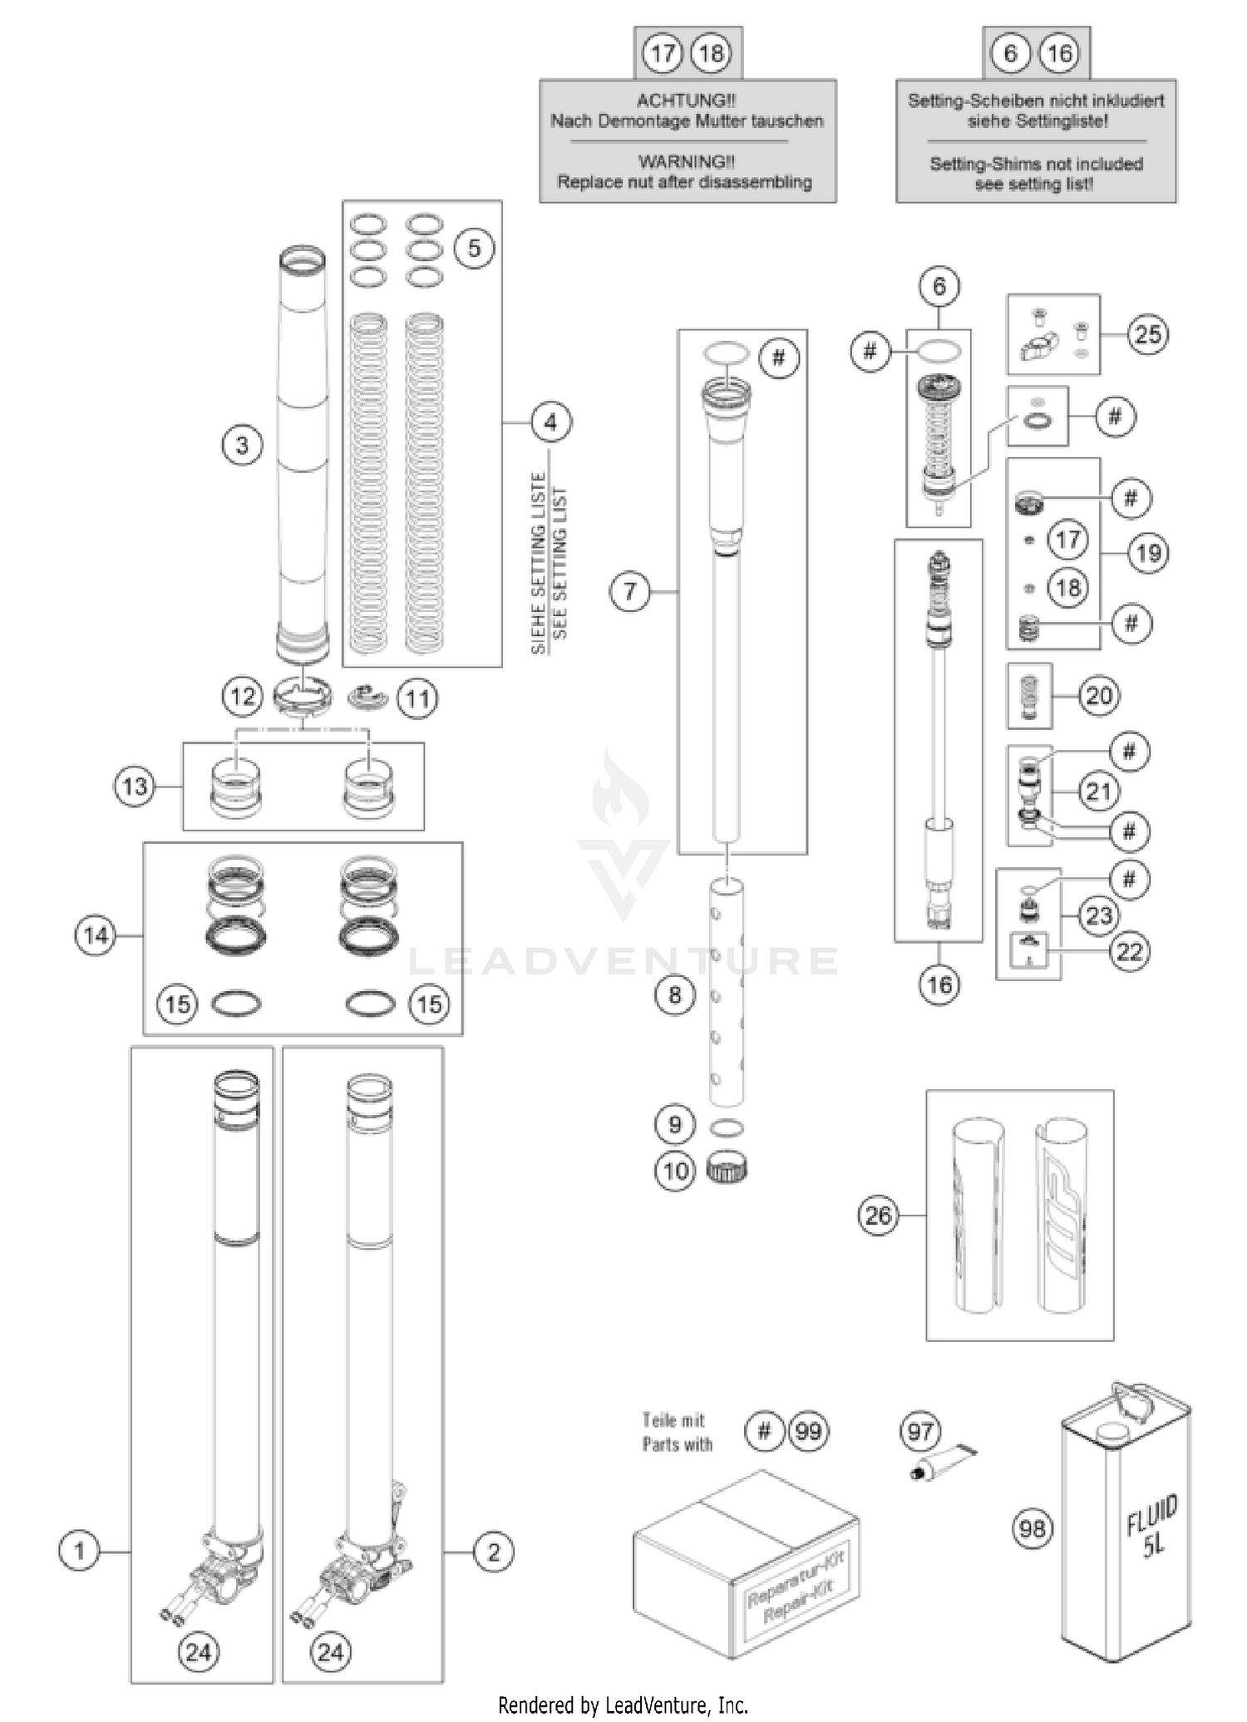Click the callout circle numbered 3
[x=242, y=446]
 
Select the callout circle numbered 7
[x=629, y=592]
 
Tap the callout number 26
[x=878, y=1216]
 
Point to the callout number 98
[x=1033, y=1528]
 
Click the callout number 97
[x=920, y=1432]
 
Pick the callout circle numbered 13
[x=135, y=787]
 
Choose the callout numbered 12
[x=242, y=696]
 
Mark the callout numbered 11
[x=417, y=698]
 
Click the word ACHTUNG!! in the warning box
[x=686, y=101]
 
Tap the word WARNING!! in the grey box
[x=686, y=162]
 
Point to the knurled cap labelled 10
[x=727, y=1170]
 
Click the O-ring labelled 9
[x=727, y=1127]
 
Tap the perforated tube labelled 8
[x=727, y=994]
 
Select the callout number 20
[x=1099, y=695]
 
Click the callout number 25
[x=1148, y=335]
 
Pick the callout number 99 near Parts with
[x=808, y=1431]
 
